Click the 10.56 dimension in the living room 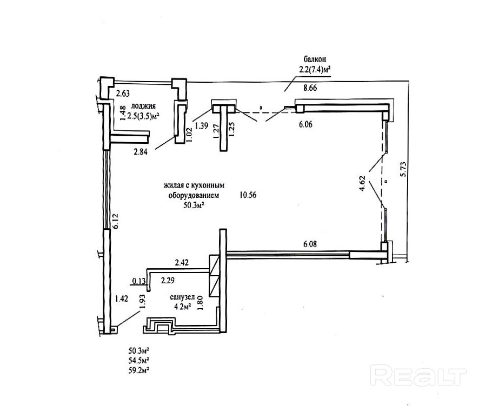click(x=247, y=195)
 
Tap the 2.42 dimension click(x=182, y=263)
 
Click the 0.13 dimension click(x=138, y=281)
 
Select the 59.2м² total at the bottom click(x=138, y=370)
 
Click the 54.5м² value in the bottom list click(x=138, y=360)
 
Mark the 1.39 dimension click(x=202, y=125)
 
